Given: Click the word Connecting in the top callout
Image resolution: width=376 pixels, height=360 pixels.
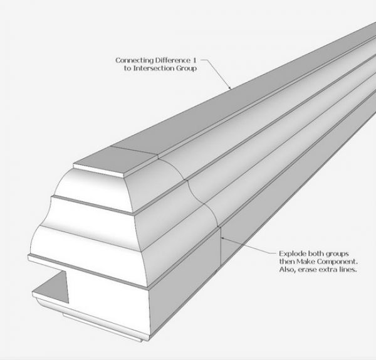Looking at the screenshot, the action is tap(132, 60).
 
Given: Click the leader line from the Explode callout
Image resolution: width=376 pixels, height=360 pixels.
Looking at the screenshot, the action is tap(251, 248).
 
